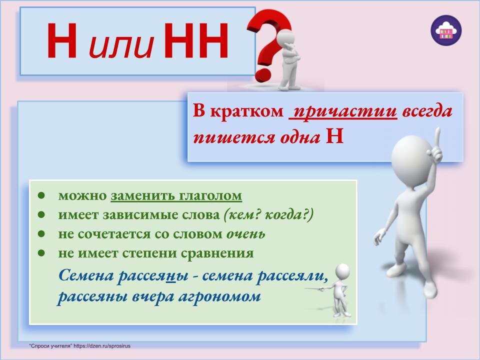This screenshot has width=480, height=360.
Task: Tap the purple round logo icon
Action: (x=446, y=30)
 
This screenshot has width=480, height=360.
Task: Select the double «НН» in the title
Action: (x=196, y=40)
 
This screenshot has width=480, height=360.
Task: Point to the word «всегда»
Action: (x=427, y=111)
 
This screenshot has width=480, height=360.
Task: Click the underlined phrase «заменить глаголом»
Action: (x=176, y=195)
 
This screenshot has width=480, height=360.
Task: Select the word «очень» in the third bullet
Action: (x=246, y=234)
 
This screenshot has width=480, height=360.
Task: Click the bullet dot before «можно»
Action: (x=41, y=195)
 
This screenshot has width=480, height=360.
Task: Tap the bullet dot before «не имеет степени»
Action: (x=41, y=253)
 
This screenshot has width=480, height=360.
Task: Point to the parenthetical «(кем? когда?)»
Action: (x=269, y=215)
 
